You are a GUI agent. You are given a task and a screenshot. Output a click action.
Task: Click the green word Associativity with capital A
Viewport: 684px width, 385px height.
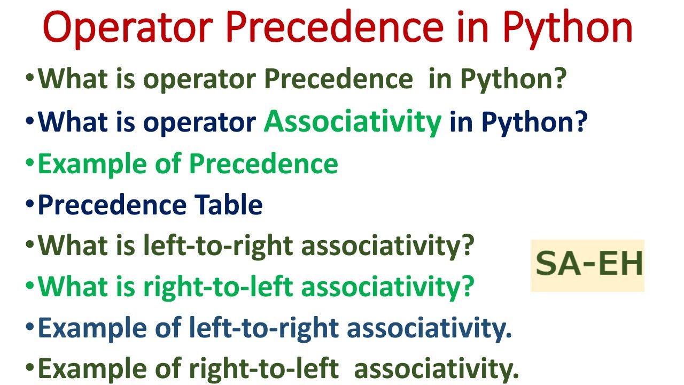pyautogui.click(x=353, y=122)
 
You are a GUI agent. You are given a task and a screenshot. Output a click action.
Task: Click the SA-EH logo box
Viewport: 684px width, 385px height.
pyautogui.click(x=587, y=266)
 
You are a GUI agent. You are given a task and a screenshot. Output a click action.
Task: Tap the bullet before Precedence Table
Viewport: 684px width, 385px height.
pyautogui.click(x=29, y=205)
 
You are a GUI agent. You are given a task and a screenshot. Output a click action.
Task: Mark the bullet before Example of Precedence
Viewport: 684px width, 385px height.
pyautogui.click(x=29, y=164)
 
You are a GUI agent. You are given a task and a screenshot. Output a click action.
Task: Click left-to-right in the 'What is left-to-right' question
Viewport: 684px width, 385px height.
pyautogui.click(x=218, y=246)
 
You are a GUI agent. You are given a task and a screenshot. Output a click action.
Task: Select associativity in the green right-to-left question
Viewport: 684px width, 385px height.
pyautogui.click(x=387, y=287)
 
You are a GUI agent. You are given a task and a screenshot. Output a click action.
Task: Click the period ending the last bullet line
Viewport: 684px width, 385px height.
pyautogui.click(x=515, y=375)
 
